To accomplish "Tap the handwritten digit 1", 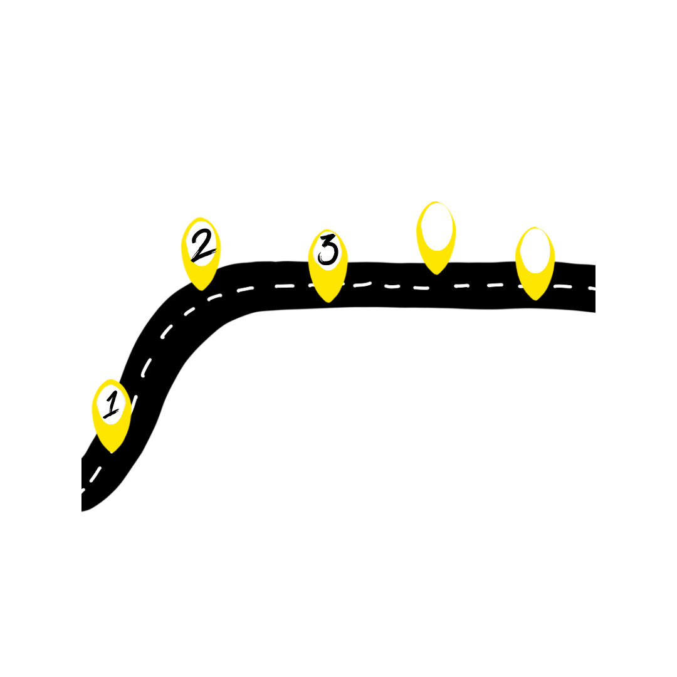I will pos(112,405).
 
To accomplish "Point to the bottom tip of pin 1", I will pos(112,451).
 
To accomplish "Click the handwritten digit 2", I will pos(202,245).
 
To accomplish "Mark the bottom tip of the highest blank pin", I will pos(436,273).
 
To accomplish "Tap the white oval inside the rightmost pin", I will pos(535,250).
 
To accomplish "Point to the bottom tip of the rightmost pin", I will pos(535,299).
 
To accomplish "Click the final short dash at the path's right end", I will pos(591,289).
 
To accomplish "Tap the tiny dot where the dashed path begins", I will pos(83,491).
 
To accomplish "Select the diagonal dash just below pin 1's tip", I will pos(95,475).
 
